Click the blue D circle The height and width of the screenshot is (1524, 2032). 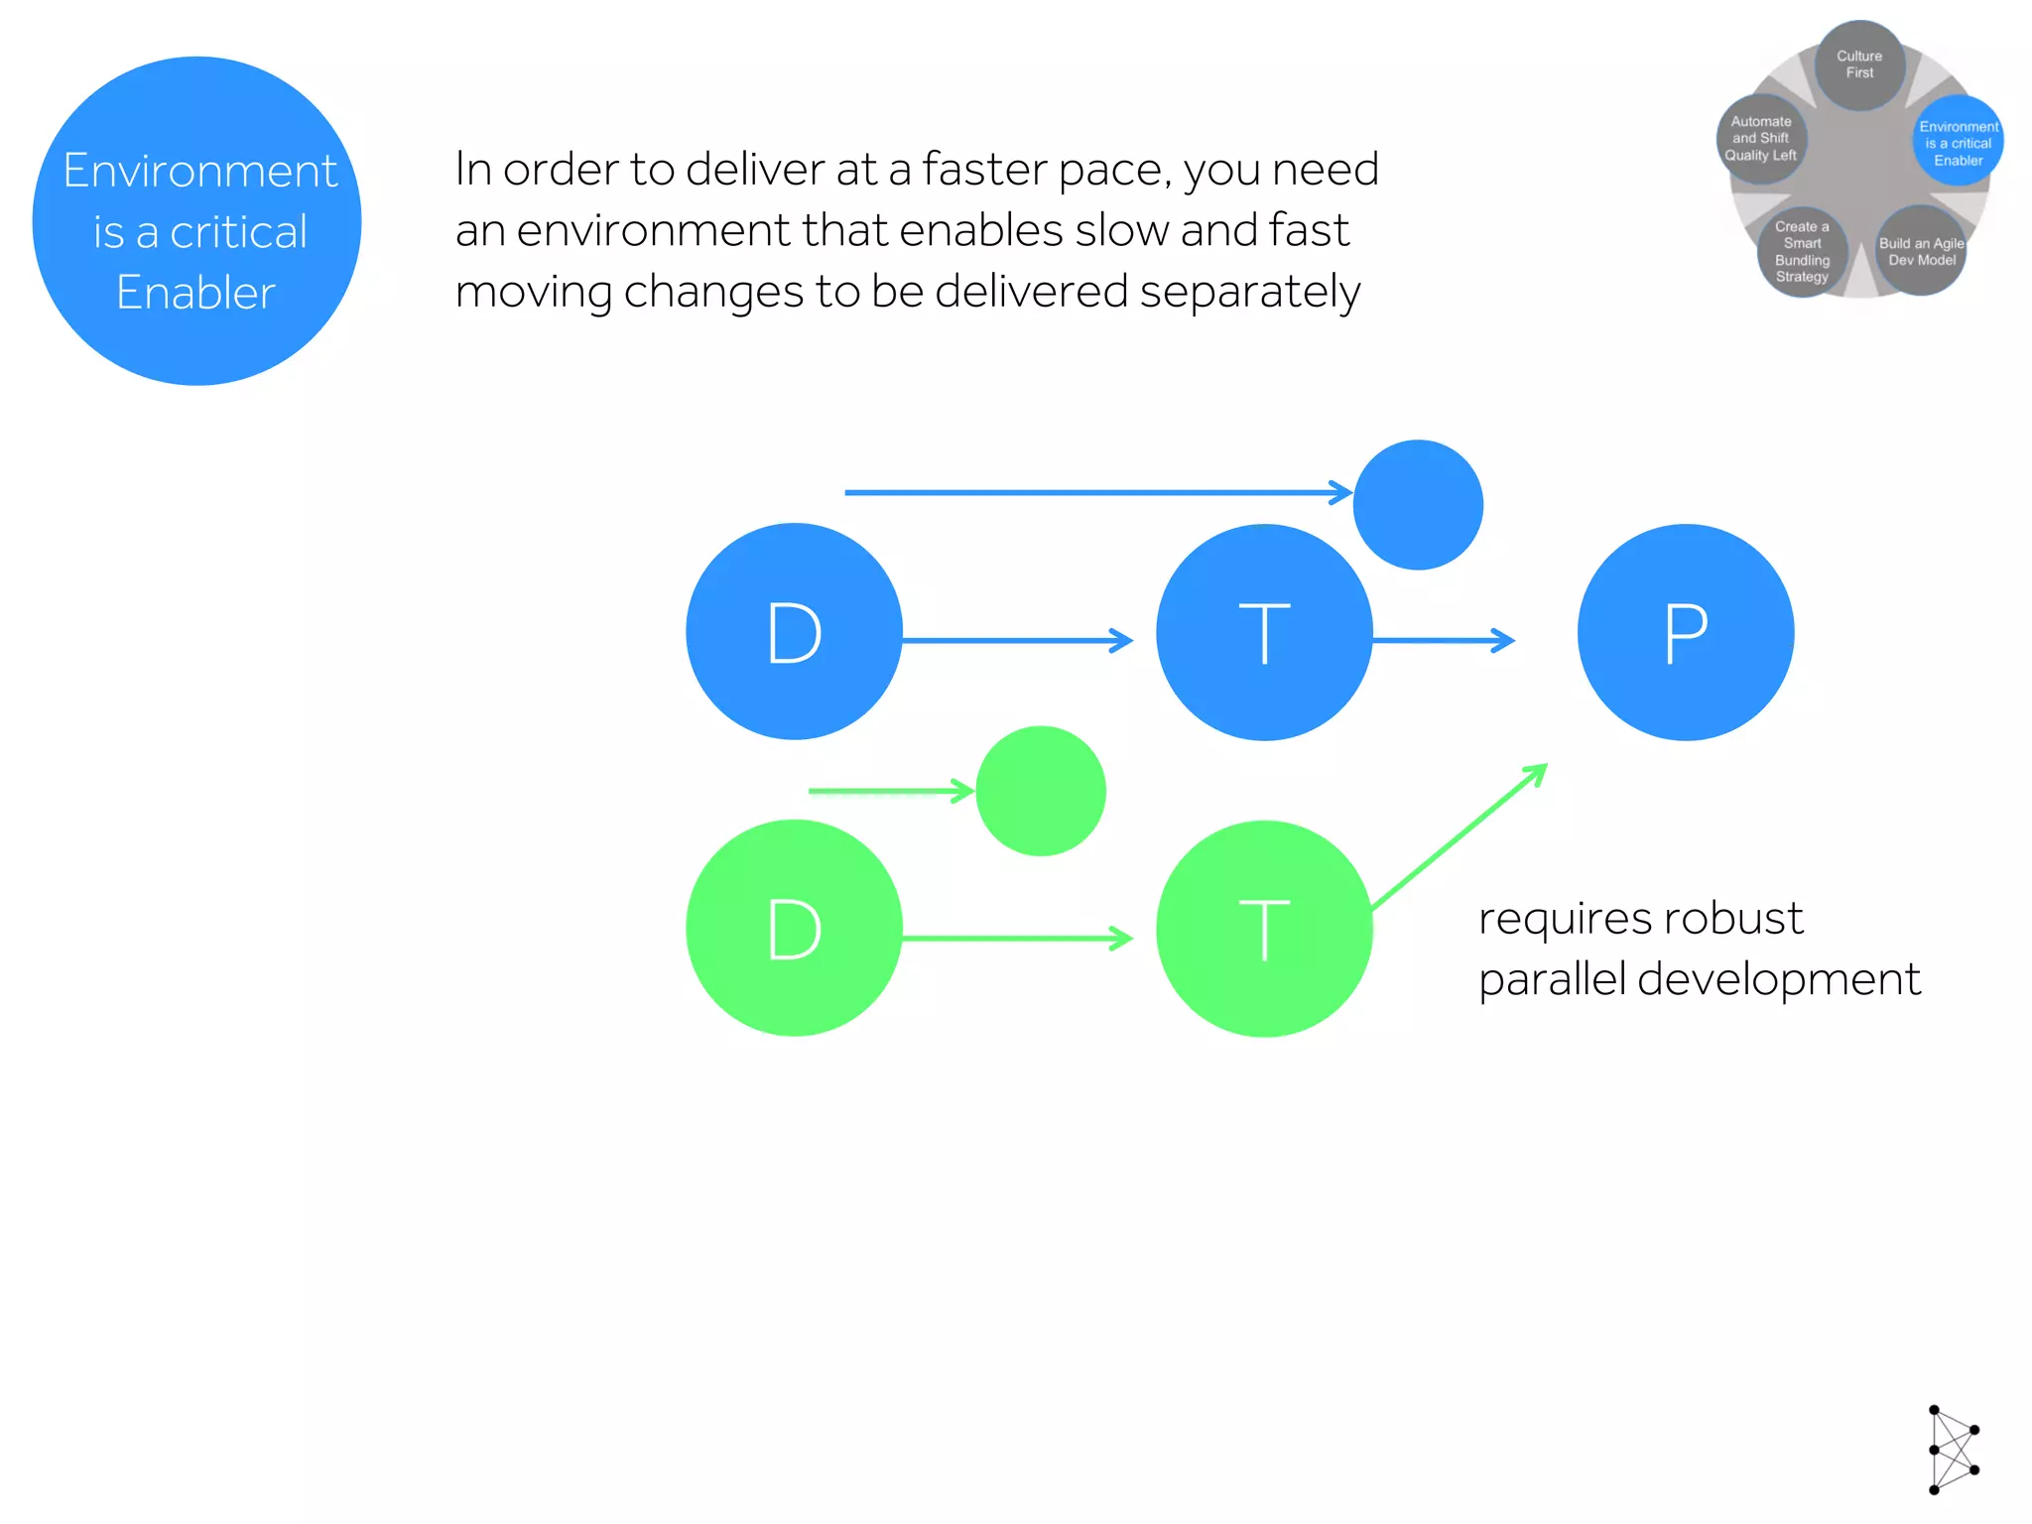click(794, 631)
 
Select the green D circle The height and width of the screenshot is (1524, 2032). click(794, 928)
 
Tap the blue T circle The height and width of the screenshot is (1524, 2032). click(1264, 632)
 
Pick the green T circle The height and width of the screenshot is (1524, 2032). click(1264, 929)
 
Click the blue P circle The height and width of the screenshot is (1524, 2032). click(1686, 632)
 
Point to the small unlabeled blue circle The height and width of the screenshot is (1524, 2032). click(1418, 505)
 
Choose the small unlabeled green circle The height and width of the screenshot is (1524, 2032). click(1041, 791)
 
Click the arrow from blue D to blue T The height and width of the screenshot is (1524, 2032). click(1017, 641)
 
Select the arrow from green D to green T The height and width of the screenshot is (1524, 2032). click(1017, 938)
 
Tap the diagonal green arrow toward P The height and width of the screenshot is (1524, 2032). click(1459, 836)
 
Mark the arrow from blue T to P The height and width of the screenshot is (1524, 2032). click(1444, 641)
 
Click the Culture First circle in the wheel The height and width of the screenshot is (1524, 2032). click(1859, 64)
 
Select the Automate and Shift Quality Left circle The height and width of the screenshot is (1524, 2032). click(1761, 139)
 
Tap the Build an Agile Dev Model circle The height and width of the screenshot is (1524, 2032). click(1921, 251)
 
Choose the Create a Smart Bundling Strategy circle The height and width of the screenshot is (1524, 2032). click(1802, 252)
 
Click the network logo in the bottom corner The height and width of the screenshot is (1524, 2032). click(1953, 1450)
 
